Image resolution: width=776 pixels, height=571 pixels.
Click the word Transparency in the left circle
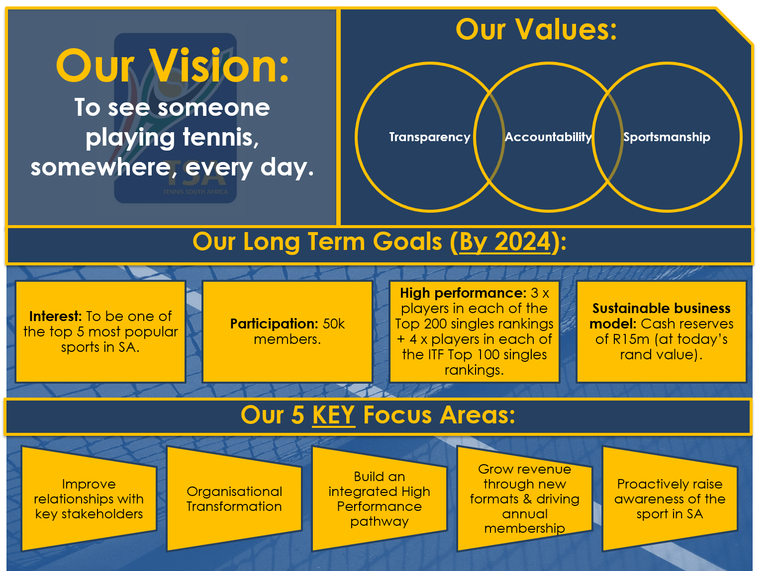point(429,137)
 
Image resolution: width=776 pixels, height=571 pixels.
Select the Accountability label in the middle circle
point(548,137)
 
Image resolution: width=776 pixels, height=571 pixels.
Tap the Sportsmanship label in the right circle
point(667,137)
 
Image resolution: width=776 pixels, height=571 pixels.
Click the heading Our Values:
point(536,30)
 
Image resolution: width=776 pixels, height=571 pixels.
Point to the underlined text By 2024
point(504,242)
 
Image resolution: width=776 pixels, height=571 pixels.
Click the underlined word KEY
point(333,415)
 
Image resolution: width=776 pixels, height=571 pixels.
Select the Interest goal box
point(100,331)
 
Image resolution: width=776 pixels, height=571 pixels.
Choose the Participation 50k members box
point(288,331)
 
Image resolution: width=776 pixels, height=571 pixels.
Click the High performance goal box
point(474,331)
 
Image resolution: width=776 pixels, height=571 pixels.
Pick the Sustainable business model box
point(661,331)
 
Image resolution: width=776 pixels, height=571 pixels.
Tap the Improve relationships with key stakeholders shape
point(89,499)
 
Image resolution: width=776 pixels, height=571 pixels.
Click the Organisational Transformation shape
point(234,499)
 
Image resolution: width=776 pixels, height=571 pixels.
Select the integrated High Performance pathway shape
point(379,499)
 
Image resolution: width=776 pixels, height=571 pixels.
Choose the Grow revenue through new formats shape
point(524,499)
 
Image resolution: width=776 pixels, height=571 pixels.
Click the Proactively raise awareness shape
point(670,499)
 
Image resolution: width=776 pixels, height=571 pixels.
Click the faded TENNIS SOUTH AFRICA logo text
point(195,192)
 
